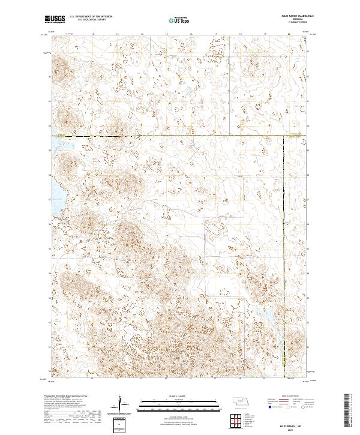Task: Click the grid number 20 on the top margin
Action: [x=289, y=34]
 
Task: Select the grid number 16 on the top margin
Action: [x=191, y=34]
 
